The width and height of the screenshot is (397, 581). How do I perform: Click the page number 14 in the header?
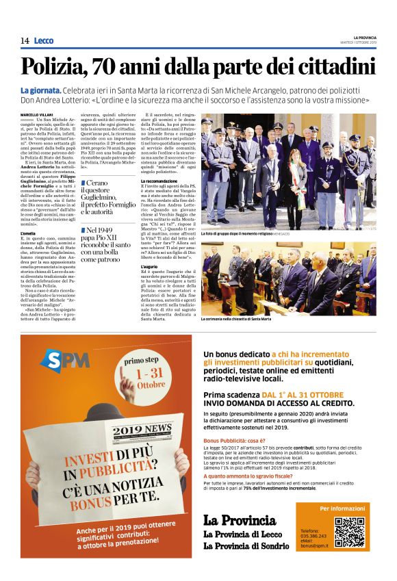24,41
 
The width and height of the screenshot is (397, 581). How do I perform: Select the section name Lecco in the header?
43,41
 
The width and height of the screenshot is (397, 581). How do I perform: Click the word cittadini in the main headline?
333,67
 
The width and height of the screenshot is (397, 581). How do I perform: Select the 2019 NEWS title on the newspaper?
142,429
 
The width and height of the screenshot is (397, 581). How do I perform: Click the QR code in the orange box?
349,532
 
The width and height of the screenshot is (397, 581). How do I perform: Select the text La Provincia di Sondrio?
246,545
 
